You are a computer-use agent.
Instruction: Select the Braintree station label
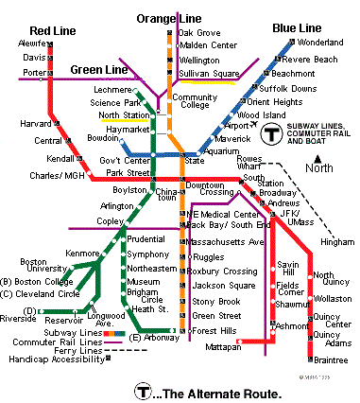pyautogui.click(x=332, y=359)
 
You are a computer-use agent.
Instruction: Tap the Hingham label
pyautogui.click(x=337, y=243)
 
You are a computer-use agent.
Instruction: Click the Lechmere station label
pyautogui.click(x=115, y=89)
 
